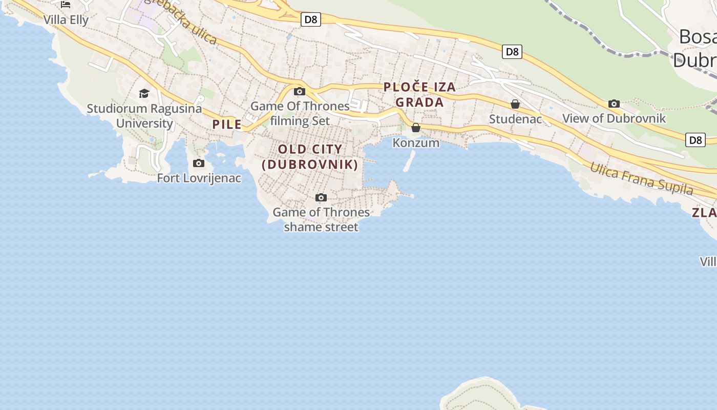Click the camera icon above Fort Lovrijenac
click(199, 163)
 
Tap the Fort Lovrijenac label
click(199, 178)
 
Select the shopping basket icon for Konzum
click(416, 128)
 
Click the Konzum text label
click(416, 142)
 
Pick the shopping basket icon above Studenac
click(515, 104)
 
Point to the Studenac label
click(515, 119)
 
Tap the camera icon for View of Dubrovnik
click(614, 104)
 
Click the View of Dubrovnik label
click(614, 118)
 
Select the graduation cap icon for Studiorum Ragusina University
click(144, 93)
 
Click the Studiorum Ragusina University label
click(144, 116)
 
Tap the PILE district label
click(227, 124)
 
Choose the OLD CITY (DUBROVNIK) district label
click(310, 157)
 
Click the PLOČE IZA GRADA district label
click(419, 94)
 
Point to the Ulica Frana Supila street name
click(641, 178)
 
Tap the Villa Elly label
click(66, 20)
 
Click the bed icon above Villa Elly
click(66, 5)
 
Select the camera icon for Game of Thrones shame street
click(321, 197)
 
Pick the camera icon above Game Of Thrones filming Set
click(300, 92)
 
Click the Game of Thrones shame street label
click(321, 219)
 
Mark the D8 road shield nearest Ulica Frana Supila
click(695, 140)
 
